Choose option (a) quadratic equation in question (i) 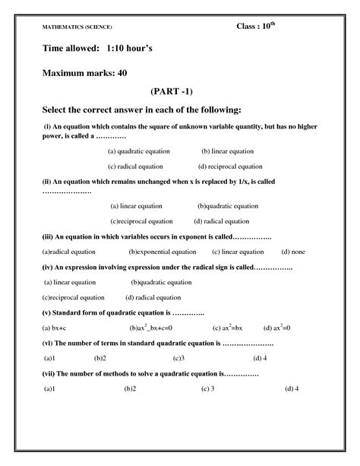pos(138,151)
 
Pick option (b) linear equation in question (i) pos(228,151)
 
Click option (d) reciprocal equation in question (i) pos(230,166)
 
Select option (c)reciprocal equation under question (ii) pos(141,221)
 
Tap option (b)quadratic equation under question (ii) pos(228,206)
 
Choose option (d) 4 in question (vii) pos(292,388)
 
